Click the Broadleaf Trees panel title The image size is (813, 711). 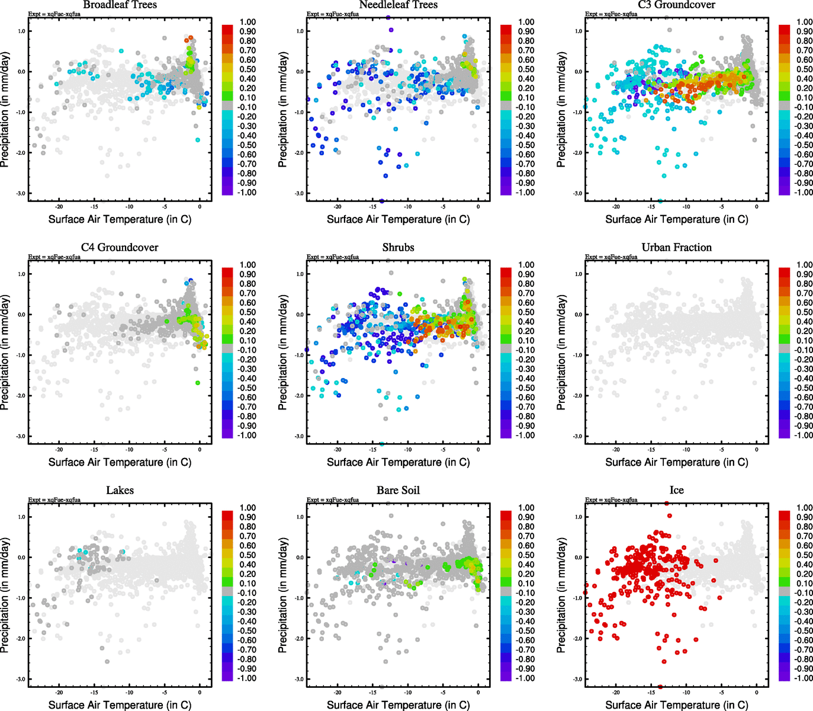click(120, 5)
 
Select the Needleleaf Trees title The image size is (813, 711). click(398, 5)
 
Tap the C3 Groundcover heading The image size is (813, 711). click(676, 5)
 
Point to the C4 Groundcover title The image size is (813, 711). click(120, 247)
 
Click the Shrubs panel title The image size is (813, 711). click(398, 247)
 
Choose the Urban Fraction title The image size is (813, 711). click(676, 247)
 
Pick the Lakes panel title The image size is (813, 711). click(120, 490)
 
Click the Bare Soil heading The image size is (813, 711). click(398, 490)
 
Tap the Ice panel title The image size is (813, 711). click(676, 490)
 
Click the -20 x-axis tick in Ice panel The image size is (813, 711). click(616, 692)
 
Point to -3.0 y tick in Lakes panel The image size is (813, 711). click(21, 679)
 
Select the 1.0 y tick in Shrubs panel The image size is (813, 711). click(300, 274)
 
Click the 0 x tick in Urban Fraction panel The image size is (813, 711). click(757, 450)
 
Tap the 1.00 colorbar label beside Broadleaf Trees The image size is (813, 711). click(248, 22)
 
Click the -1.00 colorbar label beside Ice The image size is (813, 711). click(803, 678)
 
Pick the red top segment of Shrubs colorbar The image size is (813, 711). click(506, 272)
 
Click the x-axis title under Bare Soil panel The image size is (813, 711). click(398, 704)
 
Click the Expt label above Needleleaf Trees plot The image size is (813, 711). click(332, 14)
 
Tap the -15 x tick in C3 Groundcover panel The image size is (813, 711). click(651, 207)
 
